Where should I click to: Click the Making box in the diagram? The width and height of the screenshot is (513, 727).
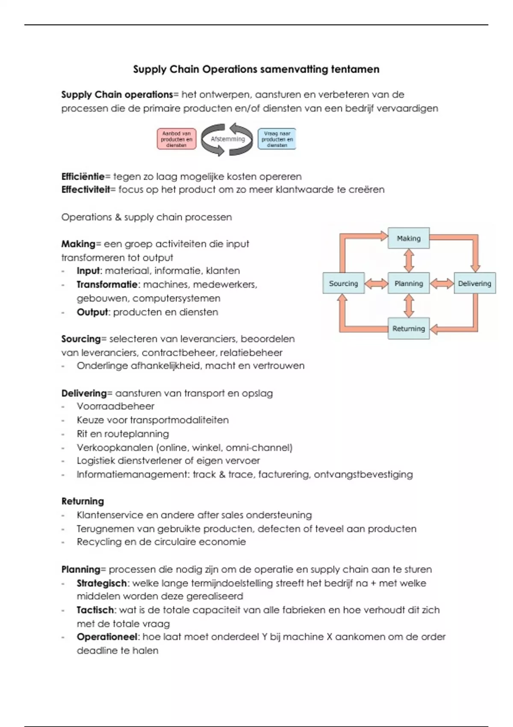[409, 238]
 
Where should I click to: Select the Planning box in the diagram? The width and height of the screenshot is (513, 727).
[409, 283]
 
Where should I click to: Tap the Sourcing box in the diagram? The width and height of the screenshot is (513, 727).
[343, 283]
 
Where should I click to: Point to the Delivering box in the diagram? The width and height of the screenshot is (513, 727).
[475, 283]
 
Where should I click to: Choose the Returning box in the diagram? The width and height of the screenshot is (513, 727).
[409, 328]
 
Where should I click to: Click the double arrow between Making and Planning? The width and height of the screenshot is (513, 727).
[409, 260]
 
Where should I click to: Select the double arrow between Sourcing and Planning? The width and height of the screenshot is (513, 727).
[376, 283]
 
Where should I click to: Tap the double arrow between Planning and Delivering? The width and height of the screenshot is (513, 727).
[442, 283]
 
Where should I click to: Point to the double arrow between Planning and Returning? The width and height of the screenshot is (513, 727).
[409, 306]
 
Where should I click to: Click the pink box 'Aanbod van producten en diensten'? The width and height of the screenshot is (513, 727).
[177, 139]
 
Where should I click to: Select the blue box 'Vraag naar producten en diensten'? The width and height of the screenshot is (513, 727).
[277, 139]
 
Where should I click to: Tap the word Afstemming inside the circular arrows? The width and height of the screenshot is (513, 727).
[227, 139]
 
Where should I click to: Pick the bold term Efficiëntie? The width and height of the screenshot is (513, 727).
[83, 177]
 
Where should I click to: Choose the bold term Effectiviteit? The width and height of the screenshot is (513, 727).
[85, 189]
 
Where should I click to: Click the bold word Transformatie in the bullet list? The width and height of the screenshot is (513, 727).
[108, 284]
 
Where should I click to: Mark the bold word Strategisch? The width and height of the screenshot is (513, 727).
[102, 583]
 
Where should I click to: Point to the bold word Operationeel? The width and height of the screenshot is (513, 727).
[107, 637]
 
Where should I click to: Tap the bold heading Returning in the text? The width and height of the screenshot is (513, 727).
[83, 501]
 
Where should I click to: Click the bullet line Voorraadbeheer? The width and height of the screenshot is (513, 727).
[115, 406]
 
